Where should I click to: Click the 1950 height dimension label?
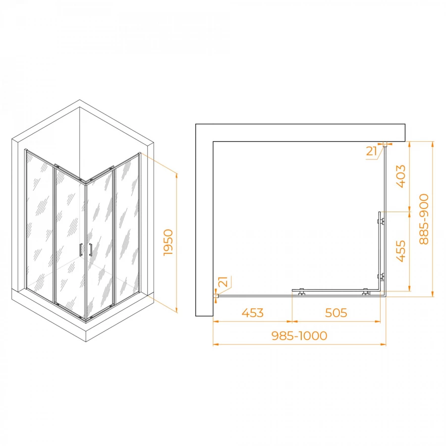click(x=168, y=242)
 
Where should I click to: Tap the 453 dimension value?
click(x=253, y=313)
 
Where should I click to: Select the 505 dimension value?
click(x=336, y=313)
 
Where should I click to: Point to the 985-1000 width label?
click(x=299, y=335)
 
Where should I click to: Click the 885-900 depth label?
click(x=424, y=219)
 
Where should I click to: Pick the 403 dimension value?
click(x=401, y=176)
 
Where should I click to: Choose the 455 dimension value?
click(x=401, y=251)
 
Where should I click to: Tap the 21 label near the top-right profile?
click(x=372, y=151)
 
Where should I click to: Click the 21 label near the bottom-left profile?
click(x=224, y=281)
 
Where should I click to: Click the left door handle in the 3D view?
click(x=81, y=250)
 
